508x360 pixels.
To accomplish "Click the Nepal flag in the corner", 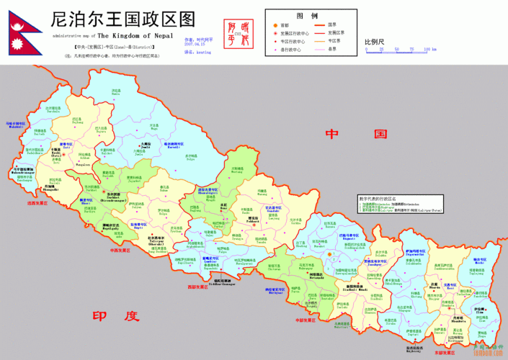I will click(22, 35).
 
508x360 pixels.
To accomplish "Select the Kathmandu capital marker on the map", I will click(329, 254).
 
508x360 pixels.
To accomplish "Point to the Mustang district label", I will click(237, 173).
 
